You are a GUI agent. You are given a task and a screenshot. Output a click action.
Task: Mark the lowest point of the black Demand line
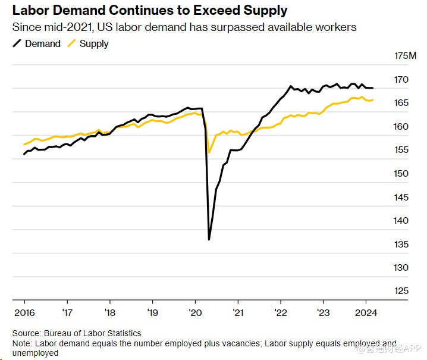[x=209, y=239]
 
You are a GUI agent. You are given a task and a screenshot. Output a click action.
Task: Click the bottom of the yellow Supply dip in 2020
[x=209, y=153]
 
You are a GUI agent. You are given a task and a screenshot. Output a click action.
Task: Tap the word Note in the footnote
[x=23, y=343]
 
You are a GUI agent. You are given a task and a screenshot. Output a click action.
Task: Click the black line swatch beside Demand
[x=17, y=43]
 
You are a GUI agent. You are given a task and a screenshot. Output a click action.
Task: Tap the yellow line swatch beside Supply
[x=71, y=43]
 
